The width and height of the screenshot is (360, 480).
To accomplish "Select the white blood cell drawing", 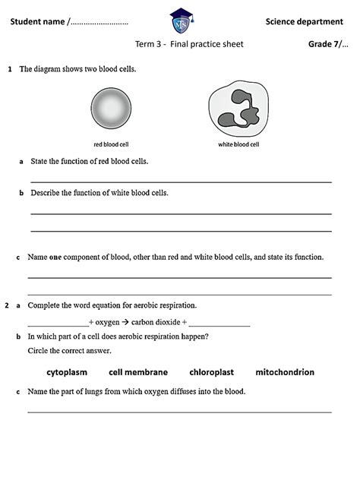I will click(238, 110).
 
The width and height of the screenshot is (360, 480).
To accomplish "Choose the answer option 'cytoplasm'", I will click(67, 372).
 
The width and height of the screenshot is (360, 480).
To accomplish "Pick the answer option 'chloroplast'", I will click(211, 372).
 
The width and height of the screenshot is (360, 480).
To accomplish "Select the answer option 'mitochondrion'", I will click(285, 372).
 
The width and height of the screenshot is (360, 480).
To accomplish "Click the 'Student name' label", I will click(37, 21).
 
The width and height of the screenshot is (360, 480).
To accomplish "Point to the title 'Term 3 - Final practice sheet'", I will click(189, 44).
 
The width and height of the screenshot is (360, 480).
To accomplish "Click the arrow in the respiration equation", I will click(125, 321).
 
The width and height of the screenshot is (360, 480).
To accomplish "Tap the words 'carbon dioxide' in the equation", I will click(156, 321).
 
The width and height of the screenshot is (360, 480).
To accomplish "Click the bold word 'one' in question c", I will click(55, 257).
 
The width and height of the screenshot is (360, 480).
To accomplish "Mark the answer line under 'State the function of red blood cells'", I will click(180, 182).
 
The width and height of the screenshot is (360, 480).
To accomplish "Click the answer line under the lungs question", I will click(180, 412).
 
